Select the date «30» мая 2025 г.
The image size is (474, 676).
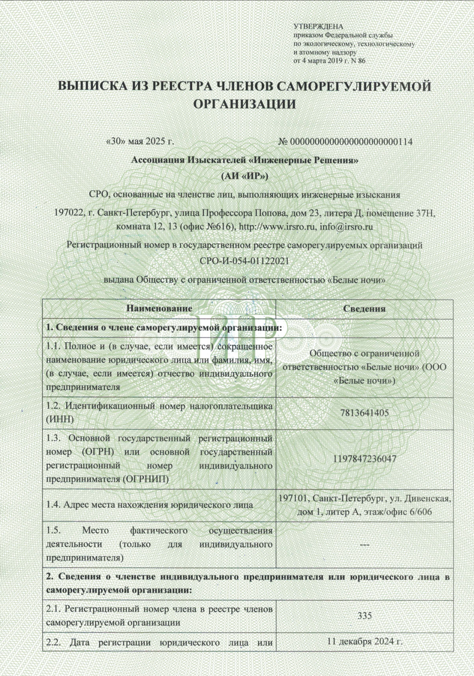pos(140,142)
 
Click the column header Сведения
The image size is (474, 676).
pos(364,309)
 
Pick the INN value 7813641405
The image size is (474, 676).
pos(364,413)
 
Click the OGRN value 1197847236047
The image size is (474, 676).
pos(364,458)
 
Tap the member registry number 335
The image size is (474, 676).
pos(364,616)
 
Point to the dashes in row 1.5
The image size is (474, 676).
pos(364,544)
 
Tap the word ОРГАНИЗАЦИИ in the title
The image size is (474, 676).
pos(244,104)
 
